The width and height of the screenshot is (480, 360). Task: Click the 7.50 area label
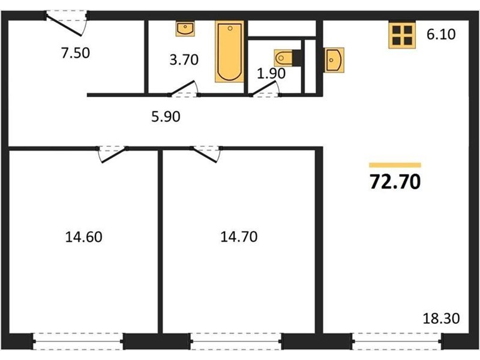click(76, 53)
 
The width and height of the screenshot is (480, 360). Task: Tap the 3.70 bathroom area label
click(184, 59)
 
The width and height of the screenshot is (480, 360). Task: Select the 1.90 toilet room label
click(271, 73)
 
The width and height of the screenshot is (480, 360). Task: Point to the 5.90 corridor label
click(166, 116)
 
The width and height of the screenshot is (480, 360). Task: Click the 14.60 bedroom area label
click(83, 237)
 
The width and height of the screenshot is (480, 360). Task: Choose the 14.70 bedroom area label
click(239, 237)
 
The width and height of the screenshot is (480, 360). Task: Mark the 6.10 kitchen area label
click(441, 34)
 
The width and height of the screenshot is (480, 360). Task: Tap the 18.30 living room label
click(441, 319)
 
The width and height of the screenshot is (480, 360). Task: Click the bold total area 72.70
click(395, 182)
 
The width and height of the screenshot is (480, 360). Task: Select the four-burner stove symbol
click(402, 35)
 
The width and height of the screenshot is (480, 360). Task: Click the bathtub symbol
click(230, 52)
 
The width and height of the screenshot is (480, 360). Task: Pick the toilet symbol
click(288, 58)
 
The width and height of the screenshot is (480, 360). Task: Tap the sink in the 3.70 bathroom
click(185, 29)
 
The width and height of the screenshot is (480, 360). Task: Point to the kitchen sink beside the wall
click(334, 60)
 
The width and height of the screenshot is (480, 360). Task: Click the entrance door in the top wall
click(67, 23)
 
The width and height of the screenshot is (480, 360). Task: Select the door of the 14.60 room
click(112, 154)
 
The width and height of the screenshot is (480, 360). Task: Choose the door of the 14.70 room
click(206, 154)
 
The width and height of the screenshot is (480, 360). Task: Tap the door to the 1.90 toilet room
click(265, 89)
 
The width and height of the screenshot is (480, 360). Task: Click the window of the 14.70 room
click(236, 341)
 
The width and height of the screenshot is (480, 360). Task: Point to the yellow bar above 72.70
click(395, 166)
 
